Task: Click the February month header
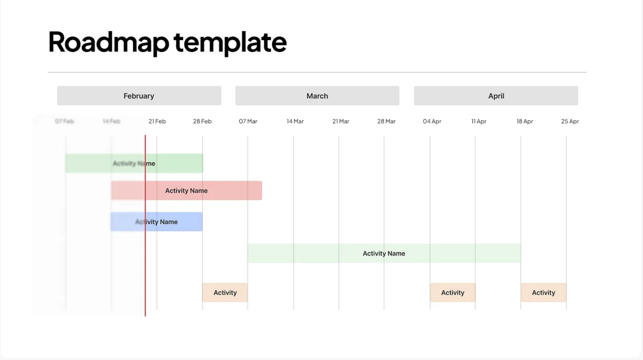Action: [139, 96]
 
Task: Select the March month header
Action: [317, 96]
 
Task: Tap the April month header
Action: [496, 96]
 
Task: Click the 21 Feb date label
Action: [157, 121]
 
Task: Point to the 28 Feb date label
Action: [202, 121]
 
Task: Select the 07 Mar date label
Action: [248, 121]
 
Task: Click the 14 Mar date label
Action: [295, 121]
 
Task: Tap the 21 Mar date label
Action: [340, 121]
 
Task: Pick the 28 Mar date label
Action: [386, 121]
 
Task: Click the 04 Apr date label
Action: [432, 121]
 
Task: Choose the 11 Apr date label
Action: [479, 121]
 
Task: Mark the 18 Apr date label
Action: [525, 121]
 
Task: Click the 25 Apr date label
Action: [570, 121]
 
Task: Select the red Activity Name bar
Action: [186, 190]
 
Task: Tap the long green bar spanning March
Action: [384, 253]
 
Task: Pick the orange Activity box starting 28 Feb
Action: [225, 292]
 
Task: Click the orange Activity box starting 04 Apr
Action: [452, 292]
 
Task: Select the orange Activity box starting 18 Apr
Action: [543, 292]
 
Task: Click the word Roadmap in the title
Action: [108, 42]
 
